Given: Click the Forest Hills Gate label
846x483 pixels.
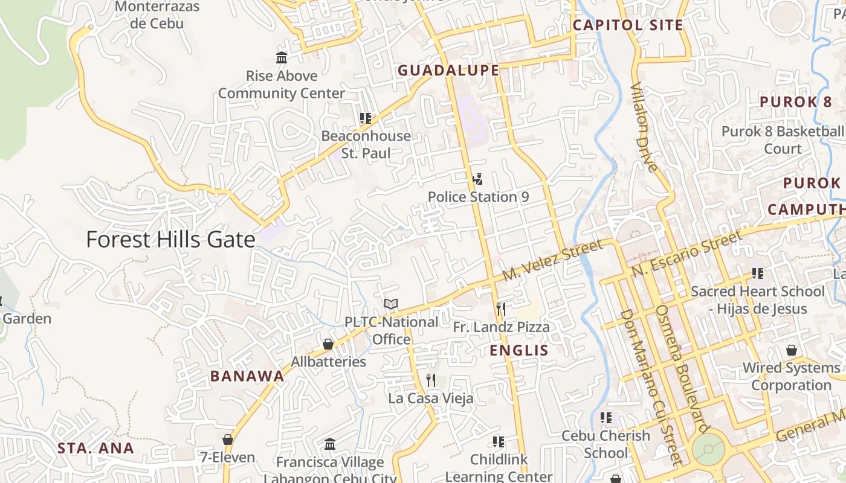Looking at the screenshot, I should point(170,240).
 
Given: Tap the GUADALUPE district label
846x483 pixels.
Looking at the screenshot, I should point(448,71).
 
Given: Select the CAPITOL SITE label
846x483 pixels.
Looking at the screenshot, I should point(627,25).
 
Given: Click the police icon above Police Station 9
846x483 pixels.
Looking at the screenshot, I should point(477,179).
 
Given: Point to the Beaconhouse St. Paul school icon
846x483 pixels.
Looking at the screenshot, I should point(365,118).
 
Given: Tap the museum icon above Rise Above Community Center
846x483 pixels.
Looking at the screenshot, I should point(282,58).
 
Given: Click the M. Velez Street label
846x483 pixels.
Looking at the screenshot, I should point(552,260).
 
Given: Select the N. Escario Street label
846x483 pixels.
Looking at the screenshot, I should point(686,254).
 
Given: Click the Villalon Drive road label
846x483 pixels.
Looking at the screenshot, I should point(644,127).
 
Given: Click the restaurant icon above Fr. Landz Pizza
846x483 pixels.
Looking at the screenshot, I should point(500,309).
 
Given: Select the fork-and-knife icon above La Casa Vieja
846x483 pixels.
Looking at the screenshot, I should point(431,380).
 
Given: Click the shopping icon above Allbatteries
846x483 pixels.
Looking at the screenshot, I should point(328,344).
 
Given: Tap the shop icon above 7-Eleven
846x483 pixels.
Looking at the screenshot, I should point(228,440).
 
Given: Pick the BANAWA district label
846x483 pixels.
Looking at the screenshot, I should point(247,376).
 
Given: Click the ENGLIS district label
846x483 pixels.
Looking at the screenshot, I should point(518,351).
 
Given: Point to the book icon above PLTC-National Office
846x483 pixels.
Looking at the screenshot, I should point(391,304).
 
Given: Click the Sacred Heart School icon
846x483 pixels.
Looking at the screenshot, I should point(757,273).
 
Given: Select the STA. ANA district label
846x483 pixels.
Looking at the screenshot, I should point(95,449).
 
